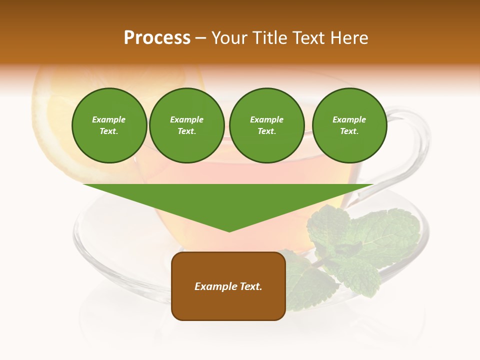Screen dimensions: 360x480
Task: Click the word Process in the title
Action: (x=157, y=38)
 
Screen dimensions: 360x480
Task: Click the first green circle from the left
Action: (x=109, y=125)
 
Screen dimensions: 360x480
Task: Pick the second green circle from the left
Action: (x=186, y=125)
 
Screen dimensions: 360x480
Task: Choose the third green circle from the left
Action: (x=266, y=125)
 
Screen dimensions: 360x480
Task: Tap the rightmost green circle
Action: (x=349, y=125)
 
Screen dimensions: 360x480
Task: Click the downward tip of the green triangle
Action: (x=229, y=230)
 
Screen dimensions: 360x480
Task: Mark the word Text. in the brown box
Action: (x=250, y=286)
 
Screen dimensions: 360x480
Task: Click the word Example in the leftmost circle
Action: (x=109, y=119)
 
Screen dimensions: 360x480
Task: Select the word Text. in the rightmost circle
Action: (x=349, y=131)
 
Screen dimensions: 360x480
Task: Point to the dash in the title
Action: (x=200, y=38)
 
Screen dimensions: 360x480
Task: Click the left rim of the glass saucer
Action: (x=76, y=235)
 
